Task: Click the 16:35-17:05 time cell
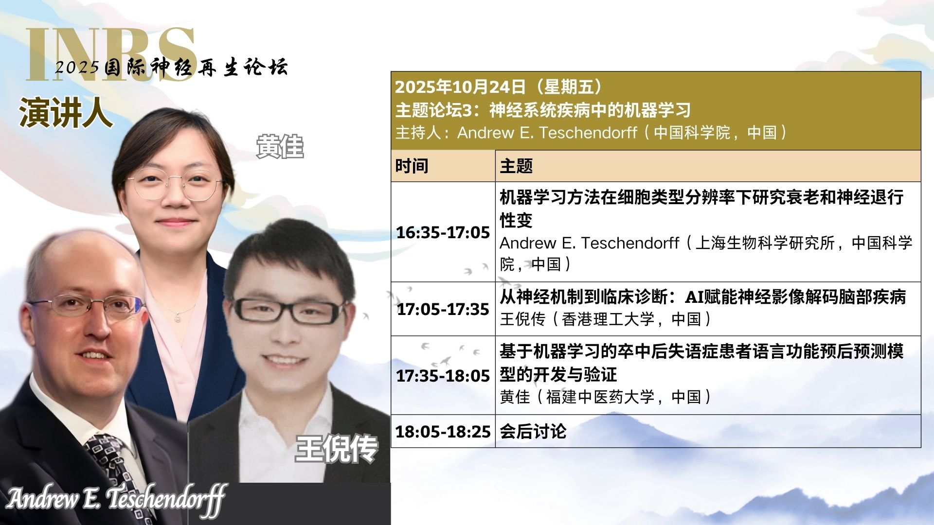(443, 232)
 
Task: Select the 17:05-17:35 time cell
(443, 309)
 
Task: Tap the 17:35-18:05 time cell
(443, 375)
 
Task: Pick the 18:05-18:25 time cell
(443, 431)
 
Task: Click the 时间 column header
(412, 166)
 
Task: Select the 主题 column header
(516, 166)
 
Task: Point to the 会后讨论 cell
(533, 431)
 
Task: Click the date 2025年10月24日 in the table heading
(460, 87)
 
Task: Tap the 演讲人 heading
(65, 113)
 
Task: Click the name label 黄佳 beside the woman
(280, 147)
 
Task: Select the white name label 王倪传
(337, 448)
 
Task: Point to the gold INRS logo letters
(111, 53)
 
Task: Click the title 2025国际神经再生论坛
(171, 67)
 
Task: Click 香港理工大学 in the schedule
(608, 319)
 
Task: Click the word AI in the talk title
(694, 297)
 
